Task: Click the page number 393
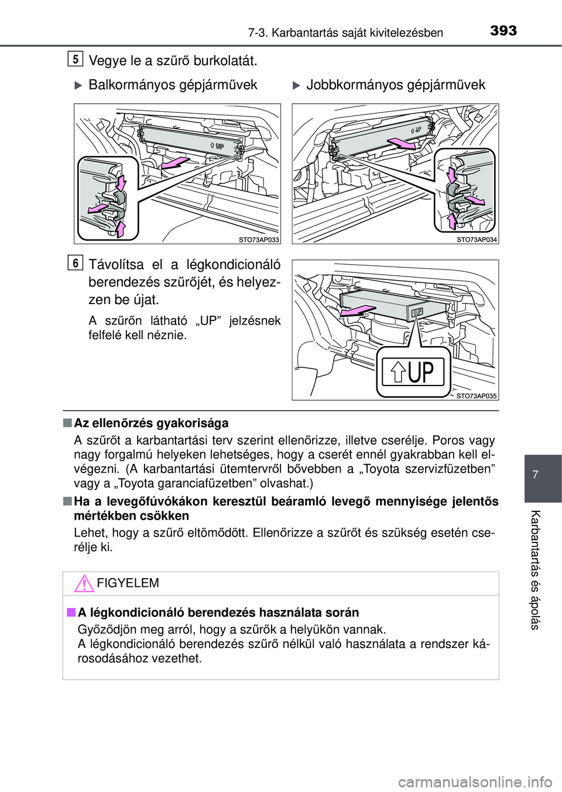click(x=503, y=31)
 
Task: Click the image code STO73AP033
click(x=259, y=240)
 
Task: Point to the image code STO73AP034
click(x=477, y=240)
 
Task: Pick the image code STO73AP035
click(x=477, y=396)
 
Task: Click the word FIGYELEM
click(x=128, y=583)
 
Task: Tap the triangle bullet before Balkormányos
click(x=78, y=86)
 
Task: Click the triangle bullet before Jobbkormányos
click(x=296, y=86)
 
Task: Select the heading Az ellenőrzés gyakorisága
click(x=151, y=423)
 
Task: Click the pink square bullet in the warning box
click(x=71, y=612)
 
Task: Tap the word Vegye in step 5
click(x=105, y=62)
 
